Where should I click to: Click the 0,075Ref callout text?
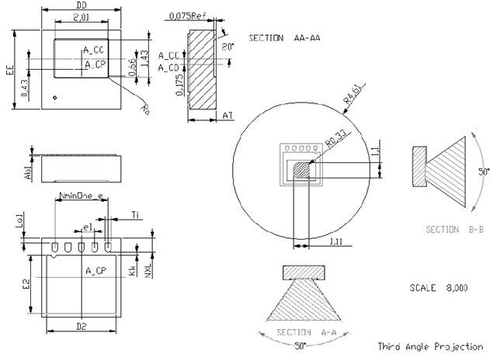188,16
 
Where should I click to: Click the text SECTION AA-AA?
285,37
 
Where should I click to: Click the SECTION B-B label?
453,229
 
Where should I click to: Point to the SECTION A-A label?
305,332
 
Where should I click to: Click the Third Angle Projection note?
430,347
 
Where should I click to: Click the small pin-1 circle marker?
54,97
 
